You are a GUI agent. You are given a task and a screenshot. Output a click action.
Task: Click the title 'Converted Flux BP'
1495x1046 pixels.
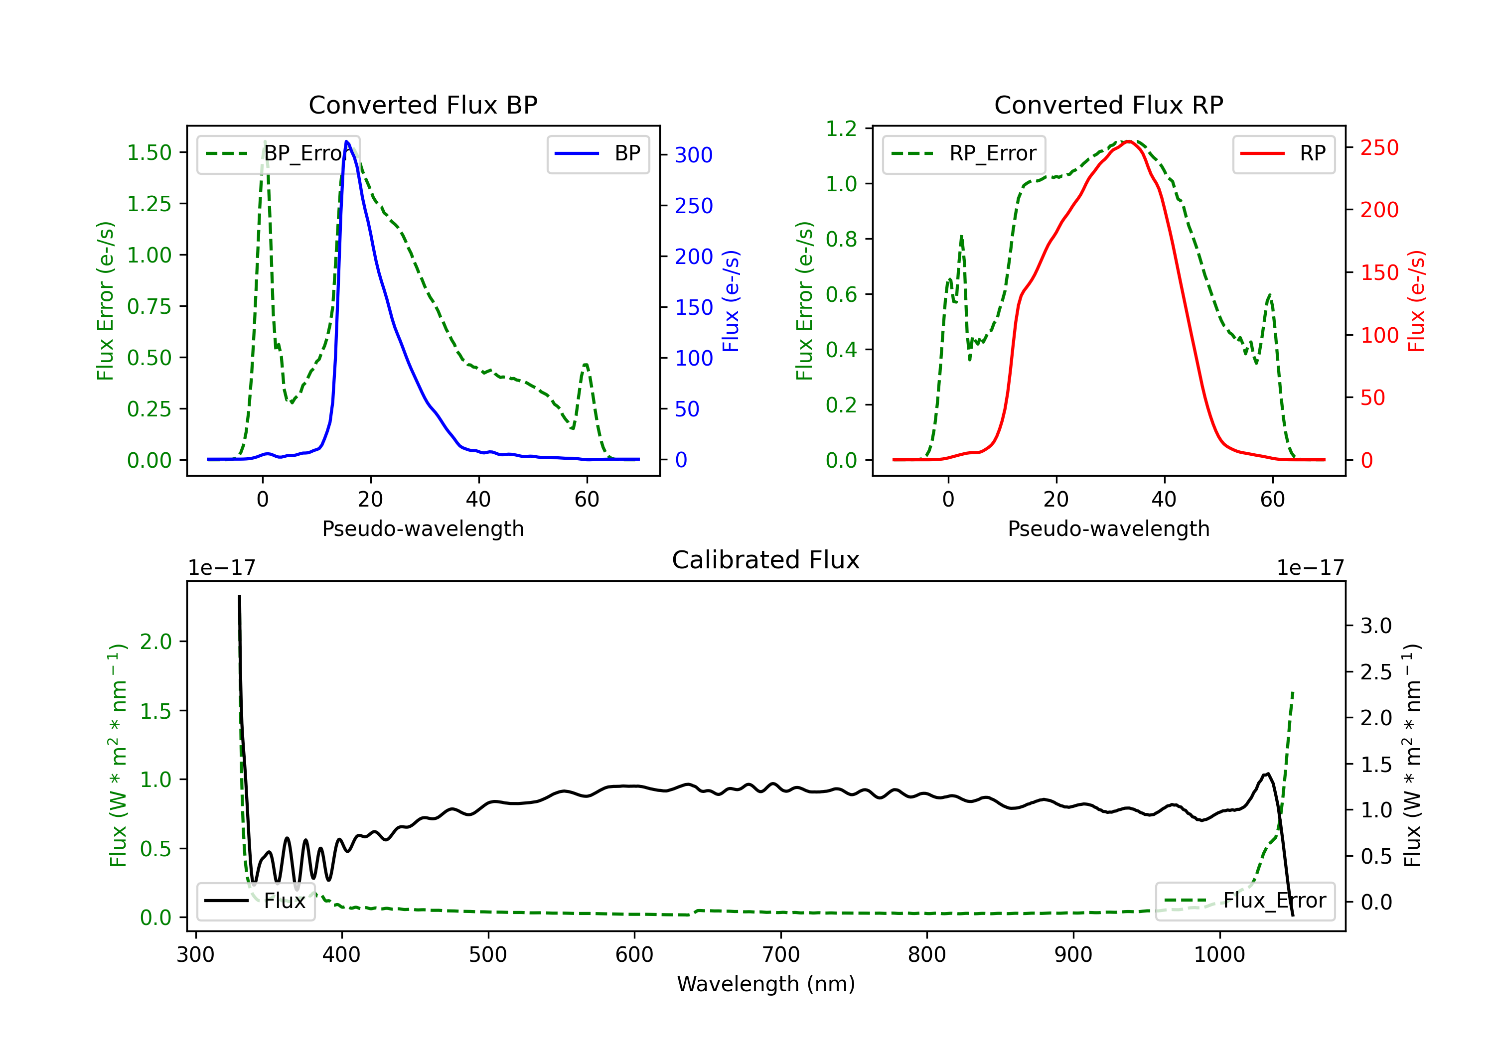[x=423, y=105]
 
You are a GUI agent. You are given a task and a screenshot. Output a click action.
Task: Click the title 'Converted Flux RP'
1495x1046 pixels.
[x=1108, y=105]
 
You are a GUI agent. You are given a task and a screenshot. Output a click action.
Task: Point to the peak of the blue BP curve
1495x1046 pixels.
[x=346, y=141]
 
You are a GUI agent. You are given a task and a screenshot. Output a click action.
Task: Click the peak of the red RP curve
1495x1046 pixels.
[x=1128, y=141]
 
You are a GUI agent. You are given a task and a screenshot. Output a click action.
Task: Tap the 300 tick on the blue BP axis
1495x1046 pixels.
[x=694, y=155]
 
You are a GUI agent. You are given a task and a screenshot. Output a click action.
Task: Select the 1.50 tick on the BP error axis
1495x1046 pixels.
[x=149, y=152]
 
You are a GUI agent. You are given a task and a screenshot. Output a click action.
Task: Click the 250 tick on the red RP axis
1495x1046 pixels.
[x=1379, y=148]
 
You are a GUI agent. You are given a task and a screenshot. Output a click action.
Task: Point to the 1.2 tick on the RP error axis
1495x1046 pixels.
[x=841, y=129]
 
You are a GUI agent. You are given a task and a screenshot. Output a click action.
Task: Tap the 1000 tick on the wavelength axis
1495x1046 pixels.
[x=1219, y=954]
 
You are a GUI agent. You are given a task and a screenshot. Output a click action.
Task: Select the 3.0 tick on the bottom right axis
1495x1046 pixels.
[x=1376, y=626]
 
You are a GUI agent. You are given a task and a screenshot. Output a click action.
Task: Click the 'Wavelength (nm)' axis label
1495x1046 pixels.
[x=766, y=984]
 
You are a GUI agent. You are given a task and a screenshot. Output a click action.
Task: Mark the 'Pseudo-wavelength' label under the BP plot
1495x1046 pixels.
[x=423, y=528]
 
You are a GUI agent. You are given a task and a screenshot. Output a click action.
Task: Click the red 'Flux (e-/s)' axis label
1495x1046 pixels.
[x=1416, y=301]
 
